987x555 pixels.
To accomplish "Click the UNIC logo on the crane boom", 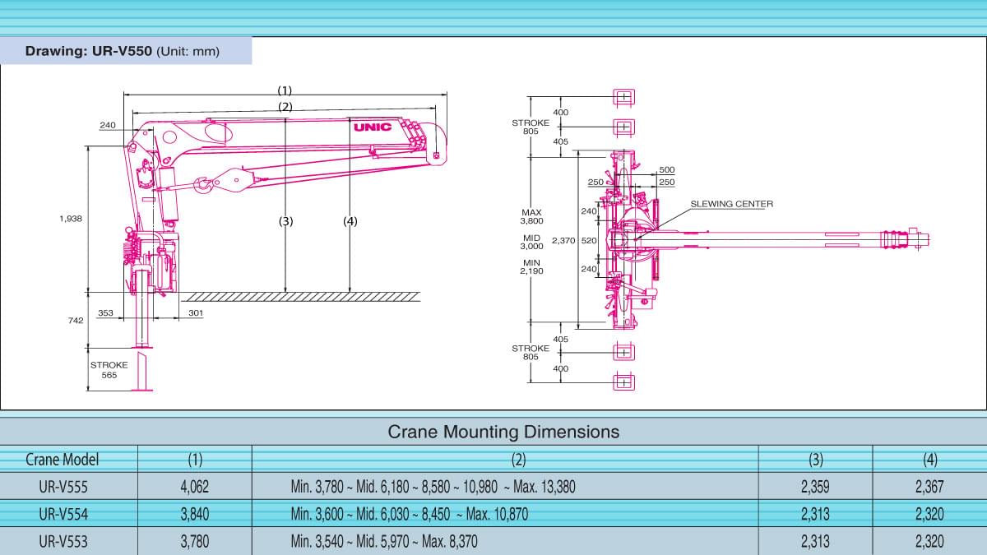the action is pos(372,127).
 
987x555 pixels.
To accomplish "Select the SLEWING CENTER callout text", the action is pos(731,203).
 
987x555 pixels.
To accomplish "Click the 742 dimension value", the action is pos(76,321).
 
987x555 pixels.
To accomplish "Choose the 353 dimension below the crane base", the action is pos(105,313).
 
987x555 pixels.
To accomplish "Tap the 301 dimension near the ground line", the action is pos(195,313).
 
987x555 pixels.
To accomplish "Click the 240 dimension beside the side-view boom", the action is pos(108,125).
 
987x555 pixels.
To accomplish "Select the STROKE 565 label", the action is pos(109,369).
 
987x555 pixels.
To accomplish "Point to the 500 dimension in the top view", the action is pos(666,170).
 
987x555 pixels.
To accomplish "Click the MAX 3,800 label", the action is pos(531,216).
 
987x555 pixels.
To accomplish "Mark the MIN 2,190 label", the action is pos(531,266).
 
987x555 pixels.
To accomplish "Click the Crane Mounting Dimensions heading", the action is pos(503,432).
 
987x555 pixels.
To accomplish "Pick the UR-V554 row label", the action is pos(63,514).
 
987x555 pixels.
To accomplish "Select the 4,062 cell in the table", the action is pos(194,487).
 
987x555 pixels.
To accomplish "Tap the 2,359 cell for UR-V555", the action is pos(814,487).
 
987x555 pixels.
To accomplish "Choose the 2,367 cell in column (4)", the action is pos(929,487).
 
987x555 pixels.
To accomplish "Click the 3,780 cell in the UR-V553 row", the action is pos(194,541).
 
